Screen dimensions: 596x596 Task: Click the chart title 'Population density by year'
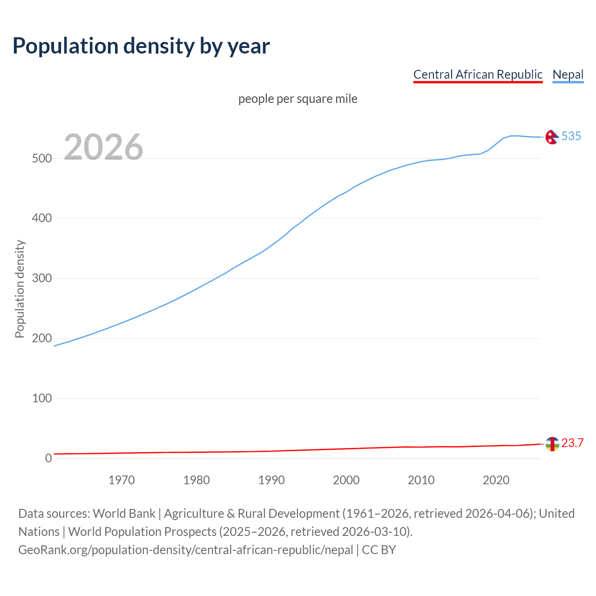[141, 46]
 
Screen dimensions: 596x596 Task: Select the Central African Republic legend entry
[478, 74]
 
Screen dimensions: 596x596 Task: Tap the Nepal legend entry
[568, 74]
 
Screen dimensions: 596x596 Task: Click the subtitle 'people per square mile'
[298, 99]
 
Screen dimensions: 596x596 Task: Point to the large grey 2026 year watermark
[103, 147]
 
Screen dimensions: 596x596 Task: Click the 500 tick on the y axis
[41, 158]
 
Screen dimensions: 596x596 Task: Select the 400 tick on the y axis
[41, 218]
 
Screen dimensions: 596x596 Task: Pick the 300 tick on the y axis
[41, 278]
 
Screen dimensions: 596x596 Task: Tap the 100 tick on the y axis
[41, 399]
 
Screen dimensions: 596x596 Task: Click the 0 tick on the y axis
[48, 459]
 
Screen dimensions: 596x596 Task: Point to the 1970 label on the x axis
[122, 480]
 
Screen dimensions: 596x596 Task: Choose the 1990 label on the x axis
[271, 480]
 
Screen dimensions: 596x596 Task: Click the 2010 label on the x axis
[421, 480]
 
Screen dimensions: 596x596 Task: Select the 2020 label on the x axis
[496, 480]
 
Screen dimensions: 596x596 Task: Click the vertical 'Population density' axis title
[20, 289]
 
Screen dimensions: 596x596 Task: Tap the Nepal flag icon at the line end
[552, 137]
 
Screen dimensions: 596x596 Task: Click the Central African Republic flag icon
[552, 444]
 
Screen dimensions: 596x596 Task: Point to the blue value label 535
[571, 136]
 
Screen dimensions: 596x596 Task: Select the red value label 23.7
[572, 443]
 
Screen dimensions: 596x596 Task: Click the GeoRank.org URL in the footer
[185, 550]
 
